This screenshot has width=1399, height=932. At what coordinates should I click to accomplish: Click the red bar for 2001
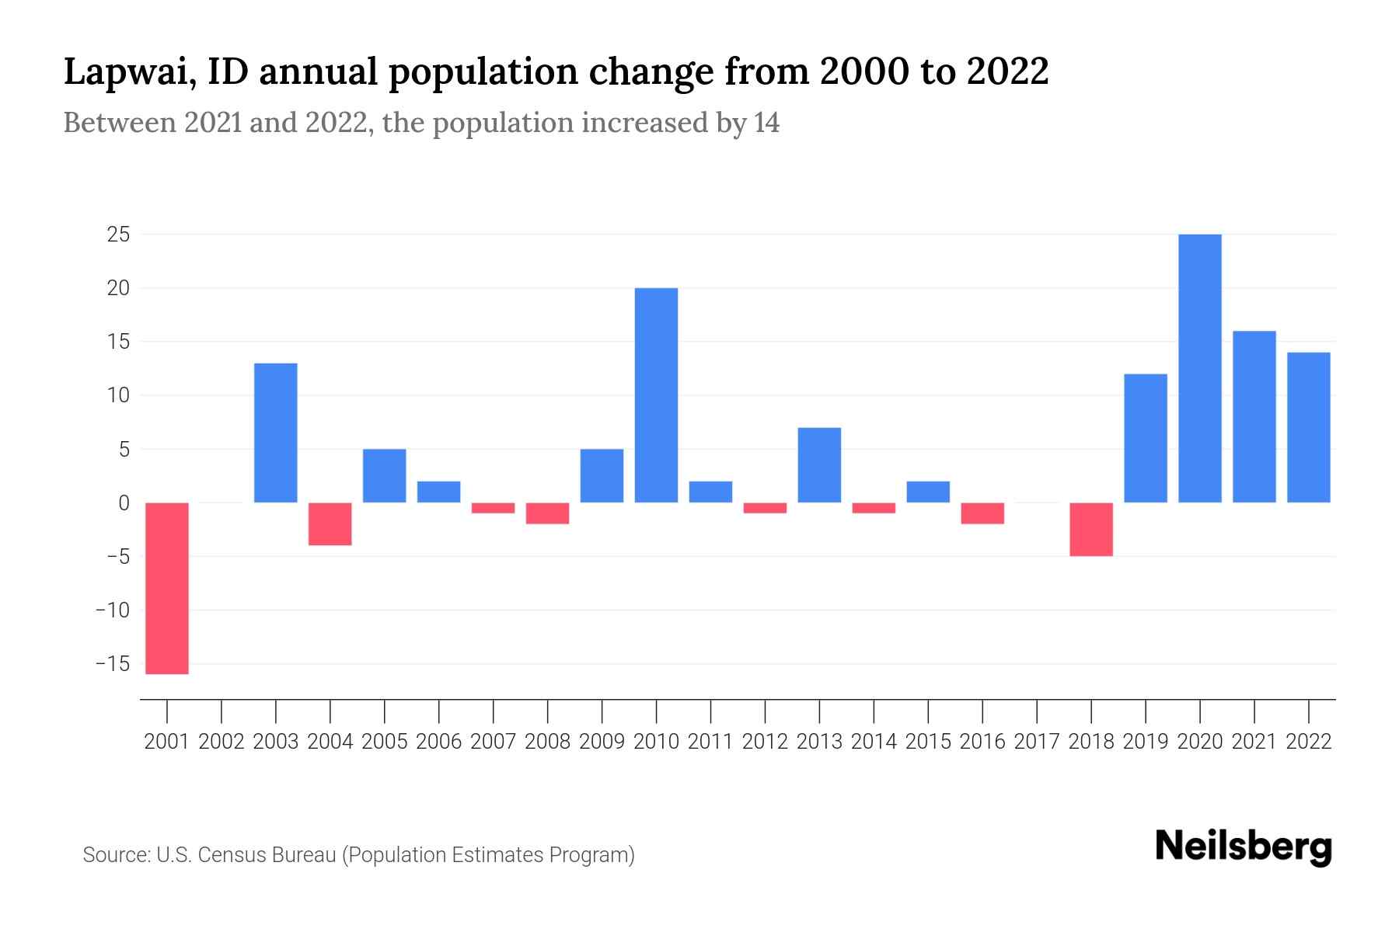point(167,588)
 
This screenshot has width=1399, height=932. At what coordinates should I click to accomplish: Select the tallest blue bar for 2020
point(1200,368)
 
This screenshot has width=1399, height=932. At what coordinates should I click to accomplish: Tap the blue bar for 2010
point(656,395)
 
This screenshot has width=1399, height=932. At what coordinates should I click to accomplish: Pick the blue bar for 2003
point(276,433)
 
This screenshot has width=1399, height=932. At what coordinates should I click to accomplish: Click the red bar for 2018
point(1091,529)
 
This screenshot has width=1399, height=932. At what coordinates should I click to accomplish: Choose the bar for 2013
point(819,464)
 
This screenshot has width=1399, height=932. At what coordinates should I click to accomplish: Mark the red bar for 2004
point(330,523)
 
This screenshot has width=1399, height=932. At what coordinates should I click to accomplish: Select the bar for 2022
point(1309,427)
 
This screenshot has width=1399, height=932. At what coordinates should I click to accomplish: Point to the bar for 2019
point(1146,438)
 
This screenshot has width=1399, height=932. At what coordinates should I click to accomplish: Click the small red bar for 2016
point(982,513)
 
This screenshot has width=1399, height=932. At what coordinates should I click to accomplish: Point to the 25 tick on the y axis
point(118,235)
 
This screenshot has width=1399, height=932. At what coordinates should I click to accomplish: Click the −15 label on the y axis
point(113,664)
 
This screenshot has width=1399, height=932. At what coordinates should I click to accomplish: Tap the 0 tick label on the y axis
point(124,503)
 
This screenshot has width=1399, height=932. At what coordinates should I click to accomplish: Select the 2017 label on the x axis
point(1037,742)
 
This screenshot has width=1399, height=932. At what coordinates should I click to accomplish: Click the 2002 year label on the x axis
point(222,742)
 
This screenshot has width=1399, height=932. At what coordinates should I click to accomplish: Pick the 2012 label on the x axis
point(765,742)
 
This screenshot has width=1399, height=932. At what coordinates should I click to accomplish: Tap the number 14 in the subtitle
point(766,123)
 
